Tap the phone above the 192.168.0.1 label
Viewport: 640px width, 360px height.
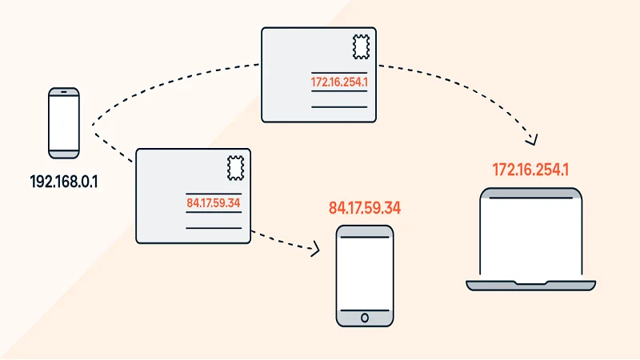pyautogui.click(x=63, y=122)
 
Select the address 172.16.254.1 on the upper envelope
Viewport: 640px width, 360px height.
pyautogui.click(x=339, y=82)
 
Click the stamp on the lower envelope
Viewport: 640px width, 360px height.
pyautogui.click(x=236, y=167)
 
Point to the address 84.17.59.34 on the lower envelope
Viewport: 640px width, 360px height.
pyautogui.click(x=213, y=202)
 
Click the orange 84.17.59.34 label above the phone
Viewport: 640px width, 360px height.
pyautogui.click(x=365, y=209)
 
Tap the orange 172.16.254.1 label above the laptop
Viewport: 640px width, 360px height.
pyautogui.click(x=530, y=170)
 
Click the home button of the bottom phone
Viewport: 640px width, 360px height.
pyautogui.click(x=365, y=318)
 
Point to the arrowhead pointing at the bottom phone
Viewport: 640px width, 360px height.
pyautogui.click(x=314, y=250)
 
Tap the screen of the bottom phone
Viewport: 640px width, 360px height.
pyautogui.click(x=365, y=274)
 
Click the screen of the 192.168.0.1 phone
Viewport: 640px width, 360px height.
pyautogui.click(x=63, y=124)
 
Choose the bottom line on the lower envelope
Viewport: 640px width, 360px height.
pyautogui.click(x=214, y=228)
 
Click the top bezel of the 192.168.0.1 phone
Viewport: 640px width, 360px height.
pyautogui.click(x=63, y=93)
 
